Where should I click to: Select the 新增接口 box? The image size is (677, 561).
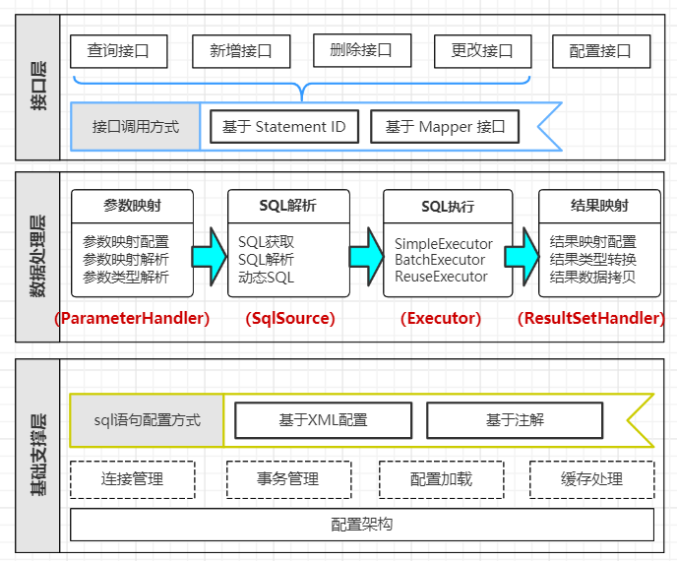[x=240, y=51]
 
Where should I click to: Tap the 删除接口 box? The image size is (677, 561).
[x=361, y=50]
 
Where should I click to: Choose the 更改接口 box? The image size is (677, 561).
[x=482, y=51]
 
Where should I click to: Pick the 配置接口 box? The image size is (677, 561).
[x=601, y=51]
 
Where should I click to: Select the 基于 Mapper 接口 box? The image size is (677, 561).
[x=446, y=127]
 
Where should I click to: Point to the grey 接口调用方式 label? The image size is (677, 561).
[x=136, y=127]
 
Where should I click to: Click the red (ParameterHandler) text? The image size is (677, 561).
[x=132, y=318]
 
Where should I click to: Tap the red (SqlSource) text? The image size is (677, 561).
[x=290, y=318]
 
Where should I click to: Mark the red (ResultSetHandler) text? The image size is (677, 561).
[x=590, y=318]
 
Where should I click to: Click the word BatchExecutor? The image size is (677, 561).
[x=440, y=260]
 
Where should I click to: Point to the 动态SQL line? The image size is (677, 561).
[x=266, y=277]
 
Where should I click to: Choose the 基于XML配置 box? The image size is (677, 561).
[x=323, y=420]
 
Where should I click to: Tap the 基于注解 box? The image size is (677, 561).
[x=515, y=420]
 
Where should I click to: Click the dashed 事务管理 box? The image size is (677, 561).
[x=288, y=479]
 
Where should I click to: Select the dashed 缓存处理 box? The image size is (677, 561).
[x=592, y=479]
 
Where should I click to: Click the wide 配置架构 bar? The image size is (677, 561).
[x=362, y=525]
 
